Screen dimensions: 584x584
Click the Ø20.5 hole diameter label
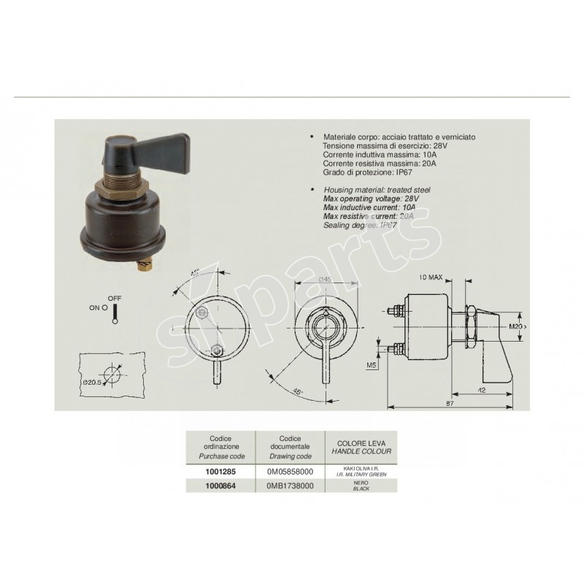coord(92,383)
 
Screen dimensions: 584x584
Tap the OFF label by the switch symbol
coord(114,298)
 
